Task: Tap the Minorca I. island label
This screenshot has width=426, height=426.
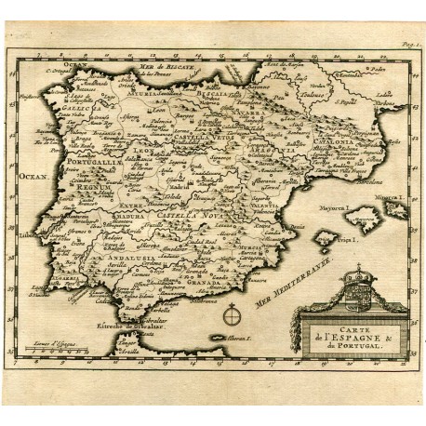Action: [x=390, y=198]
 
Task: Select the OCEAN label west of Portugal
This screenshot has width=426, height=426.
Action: [x=32, y=174]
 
